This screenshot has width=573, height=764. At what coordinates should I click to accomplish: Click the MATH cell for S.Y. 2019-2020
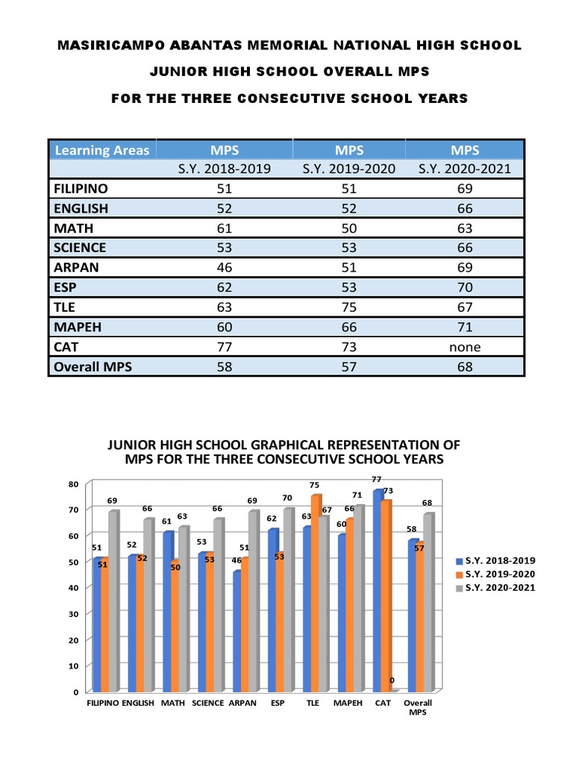pos(349,228)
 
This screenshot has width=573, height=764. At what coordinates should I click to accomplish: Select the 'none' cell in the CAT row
pos(465,347)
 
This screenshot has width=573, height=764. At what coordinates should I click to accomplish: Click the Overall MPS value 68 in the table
pos(465,367)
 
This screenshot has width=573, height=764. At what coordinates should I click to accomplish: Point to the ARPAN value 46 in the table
pos(224,267)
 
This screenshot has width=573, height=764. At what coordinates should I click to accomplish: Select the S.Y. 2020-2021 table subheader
pos(465,169)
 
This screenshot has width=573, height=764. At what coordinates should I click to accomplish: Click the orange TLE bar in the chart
pos(316,593)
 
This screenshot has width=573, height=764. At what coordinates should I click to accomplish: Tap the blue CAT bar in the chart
pos(378,589)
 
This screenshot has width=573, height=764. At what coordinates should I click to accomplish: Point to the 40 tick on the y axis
pos(73,588)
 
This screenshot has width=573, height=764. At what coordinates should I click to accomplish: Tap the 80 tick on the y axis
pos(73,483)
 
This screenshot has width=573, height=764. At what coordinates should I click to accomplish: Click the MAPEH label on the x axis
pos(348,703)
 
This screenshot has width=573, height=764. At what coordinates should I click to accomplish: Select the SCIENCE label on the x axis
pos(208,703)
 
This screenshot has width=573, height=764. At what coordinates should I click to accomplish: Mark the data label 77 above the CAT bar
pos(377,479)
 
